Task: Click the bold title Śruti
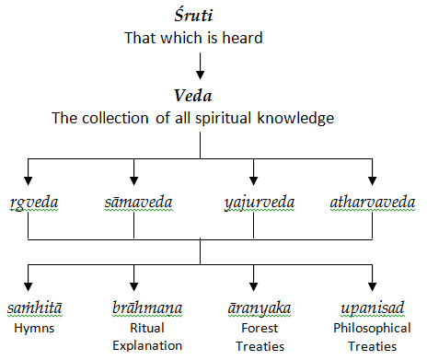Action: pyautogui.click(x=201, y=18)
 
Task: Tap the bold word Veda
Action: pyautogui.click(x=200, y=96)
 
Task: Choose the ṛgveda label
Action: pyautogui.click(x=29, y=202)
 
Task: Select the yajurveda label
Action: pyautogui.click(x=253, y=202)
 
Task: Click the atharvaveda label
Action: pyautogui.click(x=373, y=202)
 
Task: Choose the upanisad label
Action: pyautogui.click(x=372, y=307)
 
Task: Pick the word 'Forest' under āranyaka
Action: pyautogui.click(x=252, y=326)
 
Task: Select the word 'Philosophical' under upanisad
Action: pyautogui.click(x=372, y=326)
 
